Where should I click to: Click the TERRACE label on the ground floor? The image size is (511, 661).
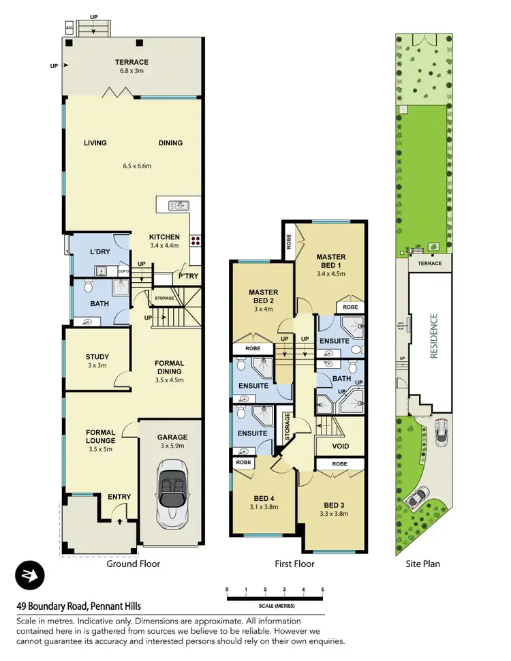click(132, 62)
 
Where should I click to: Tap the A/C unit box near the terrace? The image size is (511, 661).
click(69, 28)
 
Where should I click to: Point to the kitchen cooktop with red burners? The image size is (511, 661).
click(196, 240)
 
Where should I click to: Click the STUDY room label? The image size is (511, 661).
click(97, 356)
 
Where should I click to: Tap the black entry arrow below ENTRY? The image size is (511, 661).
click(120, 521)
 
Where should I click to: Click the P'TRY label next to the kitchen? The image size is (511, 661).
click(188, 277)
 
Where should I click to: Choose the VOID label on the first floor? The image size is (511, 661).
click(341, 446)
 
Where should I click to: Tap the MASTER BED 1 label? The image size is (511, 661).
click(332, 261)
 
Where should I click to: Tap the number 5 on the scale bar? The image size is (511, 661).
click(322, 589)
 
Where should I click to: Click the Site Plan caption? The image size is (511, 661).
click(423, 564)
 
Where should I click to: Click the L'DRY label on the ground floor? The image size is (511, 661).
click(100, 252)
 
